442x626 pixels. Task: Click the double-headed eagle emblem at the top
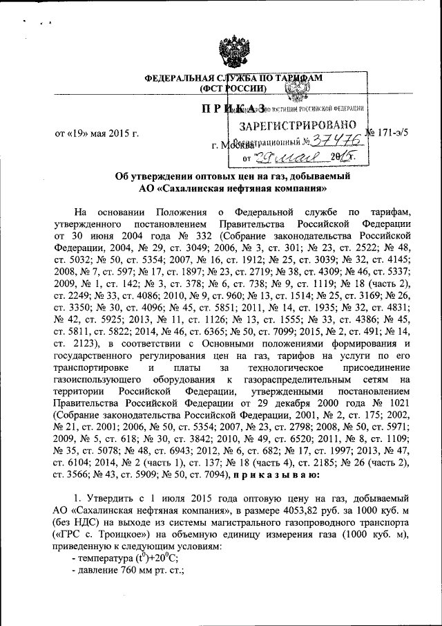[x=222, y=46]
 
